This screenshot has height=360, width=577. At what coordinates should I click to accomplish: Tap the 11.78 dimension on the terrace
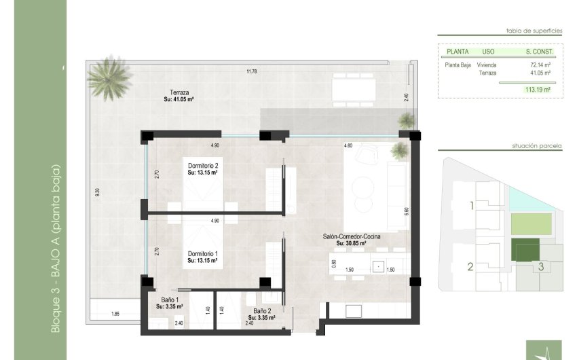coord(252,71)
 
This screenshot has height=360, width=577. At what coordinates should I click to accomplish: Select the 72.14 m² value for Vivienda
coord(540,66)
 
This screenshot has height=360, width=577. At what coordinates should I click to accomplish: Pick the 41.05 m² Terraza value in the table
coord(540,73)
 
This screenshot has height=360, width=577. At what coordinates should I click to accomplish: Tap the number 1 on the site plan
coord(472,205)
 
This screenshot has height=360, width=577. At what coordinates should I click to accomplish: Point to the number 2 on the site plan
coord(470,267)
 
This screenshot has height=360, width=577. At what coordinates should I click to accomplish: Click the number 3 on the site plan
coord(540,267)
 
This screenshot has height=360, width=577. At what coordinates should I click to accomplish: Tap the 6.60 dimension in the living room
coord(406,211)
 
